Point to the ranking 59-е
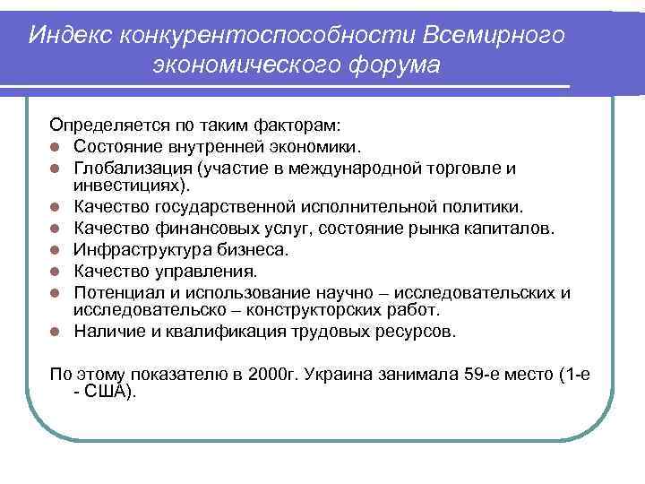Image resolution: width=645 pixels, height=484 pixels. pyautogui.click(x=464, y=373)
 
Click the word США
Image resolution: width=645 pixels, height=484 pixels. pyautogui.click(x=108, y=391)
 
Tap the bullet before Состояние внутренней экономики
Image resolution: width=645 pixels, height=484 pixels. pyautogui.click(x=55, y=146)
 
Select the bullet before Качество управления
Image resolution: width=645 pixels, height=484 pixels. pyautogui.click(x=55, y=271)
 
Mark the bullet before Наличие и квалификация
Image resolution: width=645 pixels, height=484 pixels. pyautogui.click(x=55, y=333)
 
